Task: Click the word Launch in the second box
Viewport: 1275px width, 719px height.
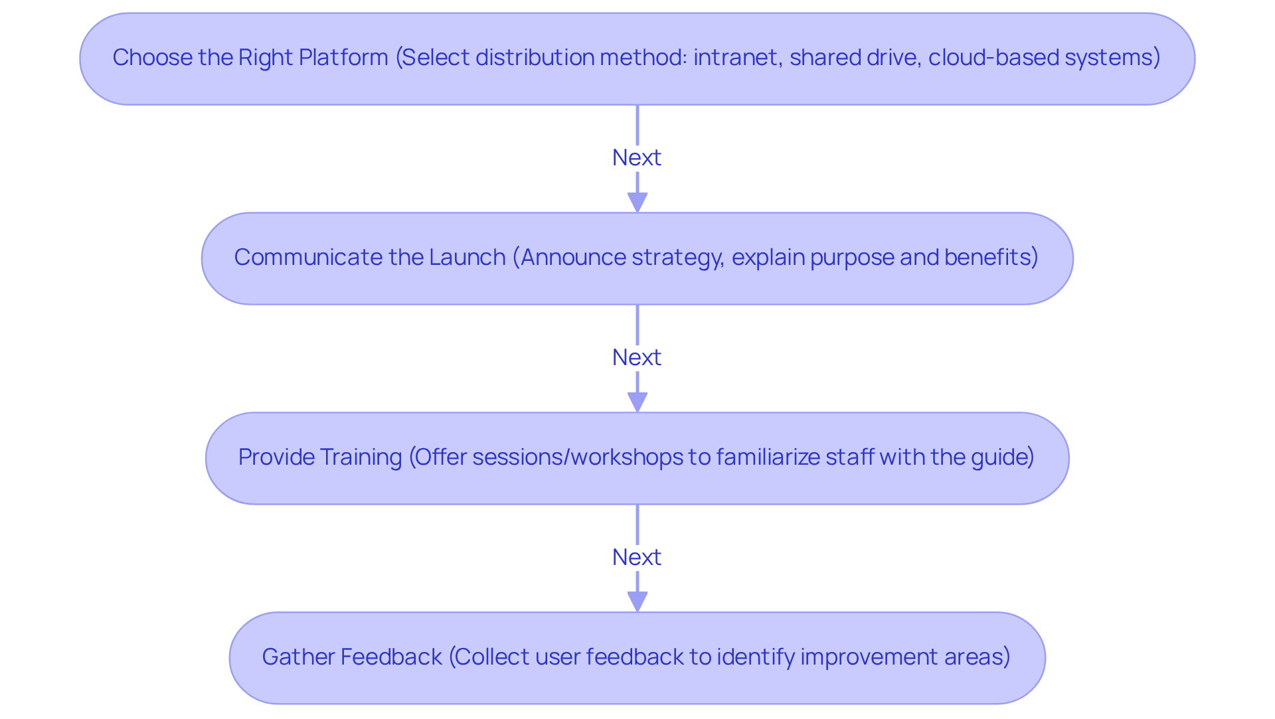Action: pos(467,258)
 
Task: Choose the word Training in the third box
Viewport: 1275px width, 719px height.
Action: pos(361,457)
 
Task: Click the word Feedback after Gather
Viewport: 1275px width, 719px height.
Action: pos(390,657)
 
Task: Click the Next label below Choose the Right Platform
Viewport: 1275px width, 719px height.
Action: pos(637,158)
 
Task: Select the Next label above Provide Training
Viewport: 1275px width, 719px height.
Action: pos(637,358)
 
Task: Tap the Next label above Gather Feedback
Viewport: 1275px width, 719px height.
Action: pos(637,558)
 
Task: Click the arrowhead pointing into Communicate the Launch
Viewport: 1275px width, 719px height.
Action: pos(637,202)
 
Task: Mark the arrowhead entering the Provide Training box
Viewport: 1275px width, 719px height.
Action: pos(637,402)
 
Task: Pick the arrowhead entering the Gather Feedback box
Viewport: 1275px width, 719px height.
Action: pos(637,602)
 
